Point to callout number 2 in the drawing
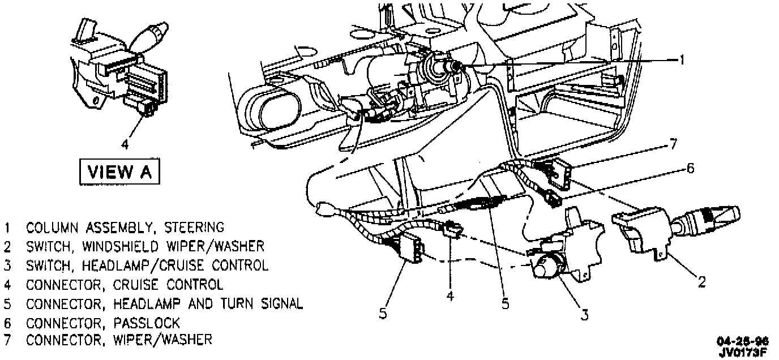pos(701,281)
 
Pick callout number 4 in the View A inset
pos(125,145)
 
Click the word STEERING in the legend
pos(194,228)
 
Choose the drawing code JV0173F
pos(742,352)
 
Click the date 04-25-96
pos(742,342)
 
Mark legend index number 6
pos(7,323)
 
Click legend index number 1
pos(7,228)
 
